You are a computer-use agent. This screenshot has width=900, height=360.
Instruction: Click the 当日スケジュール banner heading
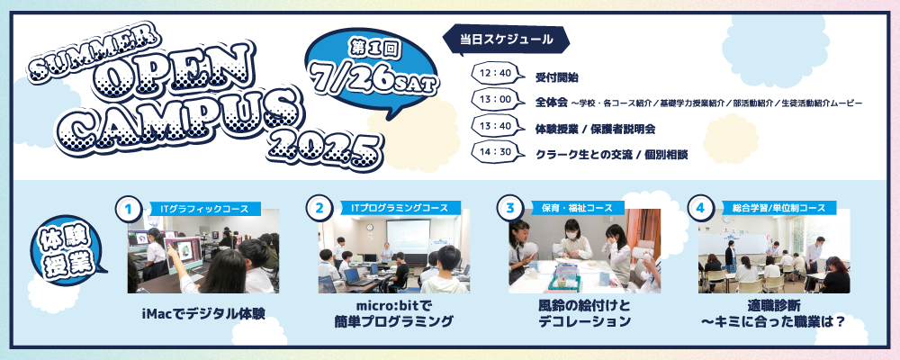pyautogui.click(x=506, y=40)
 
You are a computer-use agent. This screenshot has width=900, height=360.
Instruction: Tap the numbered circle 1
pyautogui.click(x=129, y=209)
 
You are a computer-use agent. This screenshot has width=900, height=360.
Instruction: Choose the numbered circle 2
pyautogui.click(x=319, y=209)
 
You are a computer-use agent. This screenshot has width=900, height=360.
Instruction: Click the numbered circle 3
pyautogui.click(x=510, y=209)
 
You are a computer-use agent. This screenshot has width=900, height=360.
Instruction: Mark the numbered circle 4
pyautogui.click(x=700, y=209)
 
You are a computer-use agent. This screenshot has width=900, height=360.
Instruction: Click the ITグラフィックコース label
pyautogui.click(x=203, y=209)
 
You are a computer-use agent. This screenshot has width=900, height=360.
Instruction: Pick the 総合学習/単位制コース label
pyautogui.click(x=774, y=209)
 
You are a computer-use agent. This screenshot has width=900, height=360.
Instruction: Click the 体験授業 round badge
pyautogui.click(x=66, y=250)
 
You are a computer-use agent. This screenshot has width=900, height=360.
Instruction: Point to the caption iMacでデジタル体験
pyautogui.click(x=202, y=314)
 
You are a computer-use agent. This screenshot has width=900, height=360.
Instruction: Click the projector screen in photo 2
pyautogui.click(x=408, y=236)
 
